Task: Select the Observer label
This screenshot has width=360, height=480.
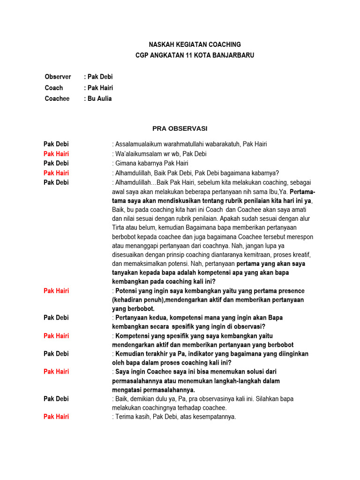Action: pyautogui.click(x=58, y=76)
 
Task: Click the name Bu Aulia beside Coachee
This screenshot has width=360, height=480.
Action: pyautogui.click(x=100, y=98)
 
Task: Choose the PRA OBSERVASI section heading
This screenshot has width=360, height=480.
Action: pyautogui.click(x=180, y=128)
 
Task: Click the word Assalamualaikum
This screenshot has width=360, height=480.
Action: pyautogui.click(x=138, y=144)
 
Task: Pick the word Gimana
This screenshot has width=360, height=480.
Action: pyautogui.click(x=125, y=163)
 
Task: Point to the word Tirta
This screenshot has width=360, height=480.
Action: pyautogui.click(x=120, y=227)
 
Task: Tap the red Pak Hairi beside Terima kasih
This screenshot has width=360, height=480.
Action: pyautogui.click(x=56, y=417)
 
